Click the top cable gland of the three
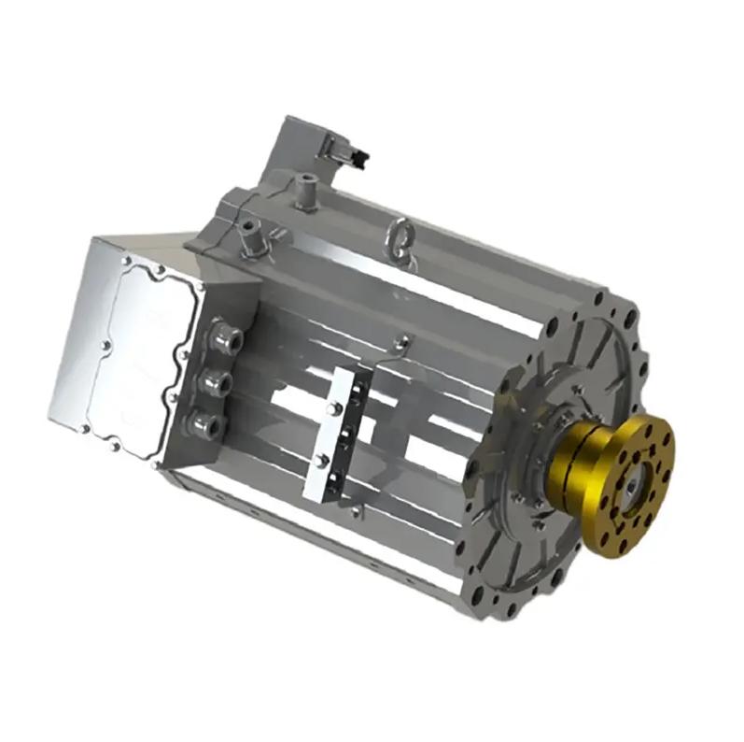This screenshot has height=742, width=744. click(224, 337)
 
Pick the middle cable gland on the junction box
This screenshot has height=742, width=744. click(217, 381)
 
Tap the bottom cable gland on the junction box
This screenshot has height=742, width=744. click(207, 424)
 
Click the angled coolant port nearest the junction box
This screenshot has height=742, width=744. click(249, 234)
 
